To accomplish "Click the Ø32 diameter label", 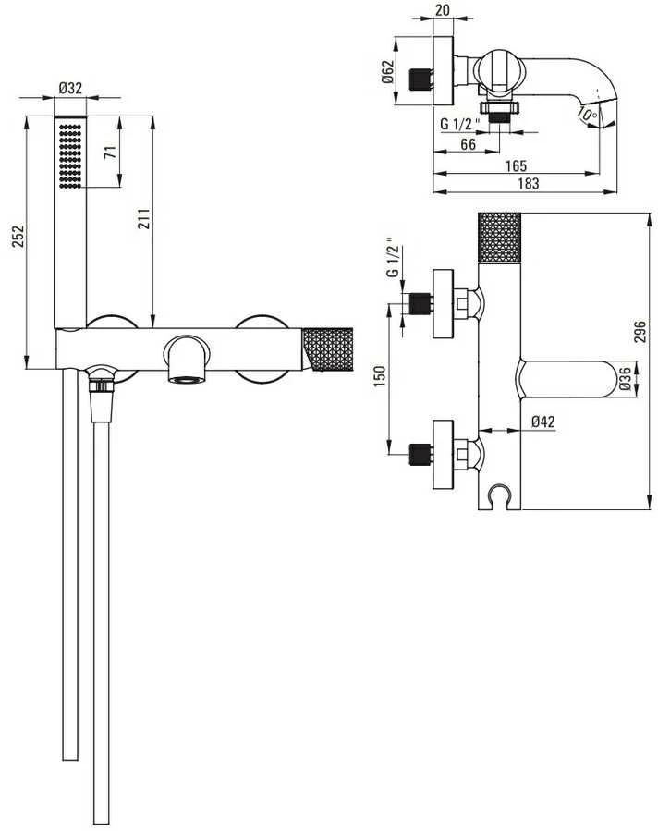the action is click(x=70, y=88).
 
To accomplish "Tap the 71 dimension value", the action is click(x=110, y=153).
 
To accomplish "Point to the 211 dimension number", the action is click(x=145, y=218).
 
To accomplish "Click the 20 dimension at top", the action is click(x=443, y=10).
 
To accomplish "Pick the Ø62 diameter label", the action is click(x=388, y=71).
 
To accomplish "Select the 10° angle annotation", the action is click(x=587, y=114).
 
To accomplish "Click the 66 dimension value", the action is click(x=468, y=143).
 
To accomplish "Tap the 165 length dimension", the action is click(x=516, y=165).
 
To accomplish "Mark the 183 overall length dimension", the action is click(x=529, y=183).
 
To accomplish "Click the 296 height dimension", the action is click(x=640, y=331).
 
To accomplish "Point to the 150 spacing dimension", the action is click(x=380, y=376).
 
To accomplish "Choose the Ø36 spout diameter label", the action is click(x=625, y=379).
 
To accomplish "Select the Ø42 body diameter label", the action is click(x=543, y=422).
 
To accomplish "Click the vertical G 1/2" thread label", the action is click(x=393, y=261).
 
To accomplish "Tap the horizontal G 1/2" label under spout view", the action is click(x=460, y=125).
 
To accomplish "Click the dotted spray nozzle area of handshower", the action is click(x=70, y=156).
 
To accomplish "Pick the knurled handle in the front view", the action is click(x=328, y=349).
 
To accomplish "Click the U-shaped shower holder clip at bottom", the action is click(x=499, y=496).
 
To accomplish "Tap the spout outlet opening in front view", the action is click(x=186, y=379).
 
